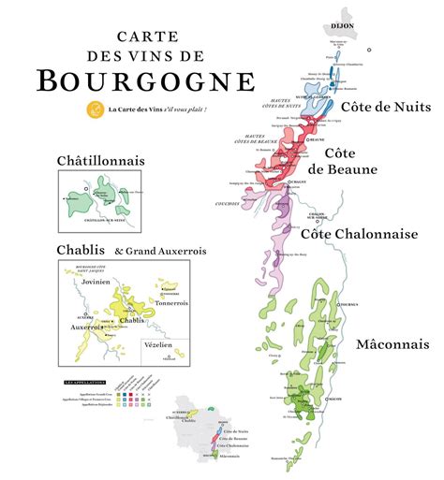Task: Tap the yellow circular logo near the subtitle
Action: [x=94, y=110]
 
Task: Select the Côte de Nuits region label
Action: [x=385, y=107]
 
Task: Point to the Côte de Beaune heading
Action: [x=350, y=161]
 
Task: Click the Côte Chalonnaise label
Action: [x=358, y=234]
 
